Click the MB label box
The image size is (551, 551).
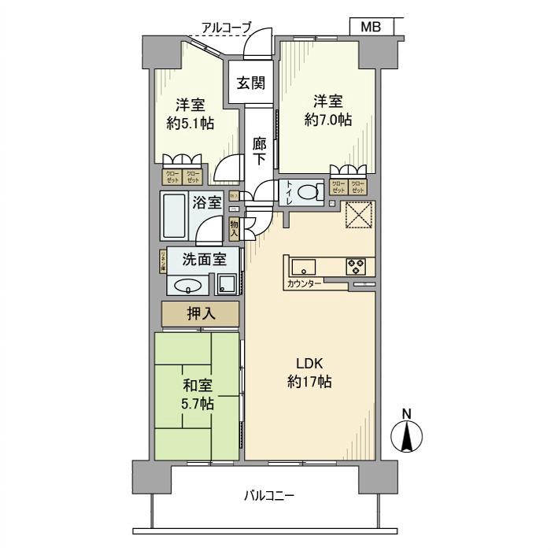pos(371,27)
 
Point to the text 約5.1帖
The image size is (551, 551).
pos(191,124)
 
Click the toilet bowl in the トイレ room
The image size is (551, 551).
pos(309,191)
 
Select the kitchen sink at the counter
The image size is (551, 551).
pos(303,267)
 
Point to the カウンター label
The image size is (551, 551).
pos(304,283)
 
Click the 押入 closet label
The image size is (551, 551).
pos(200,314)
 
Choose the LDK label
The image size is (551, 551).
pos(309,363)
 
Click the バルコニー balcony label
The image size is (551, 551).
pos(268,496)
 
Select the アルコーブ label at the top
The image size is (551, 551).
pos(226,28)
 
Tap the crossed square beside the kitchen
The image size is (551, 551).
pos(360,214)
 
